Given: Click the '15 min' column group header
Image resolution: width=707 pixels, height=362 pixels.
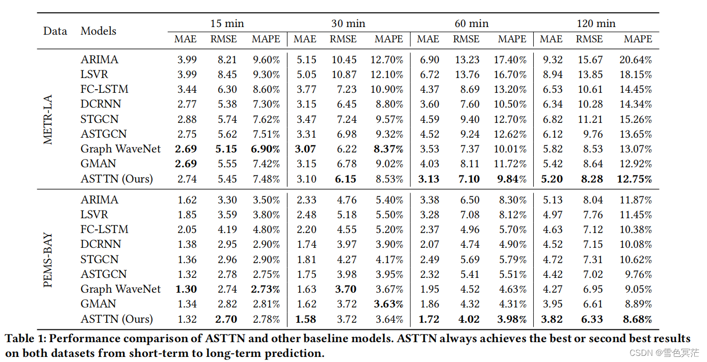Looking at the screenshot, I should [x=227, y=23].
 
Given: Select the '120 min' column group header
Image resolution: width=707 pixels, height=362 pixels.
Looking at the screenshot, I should [x=595, y=23].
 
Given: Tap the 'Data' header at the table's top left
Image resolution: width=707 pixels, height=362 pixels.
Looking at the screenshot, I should [x=55, y=31].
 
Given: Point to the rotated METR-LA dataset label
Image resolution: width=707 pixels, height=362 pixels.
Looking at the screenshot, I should [x=48, y=119].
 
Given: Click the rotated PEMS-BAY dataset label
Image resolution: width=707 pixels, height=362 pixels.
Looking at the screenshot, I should [x=48, y=260].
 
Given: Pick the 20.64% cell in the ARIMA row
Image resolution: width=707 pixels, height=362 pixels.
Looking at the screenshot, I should [x=635, y=60].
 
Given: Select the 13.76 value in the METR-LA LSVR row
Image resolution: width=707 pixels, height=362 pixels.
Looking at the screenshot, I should [x=467, y=74].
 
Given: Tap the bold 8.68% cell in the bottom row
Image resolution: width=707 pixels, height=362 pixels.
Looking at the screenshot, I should [x=637, y=319].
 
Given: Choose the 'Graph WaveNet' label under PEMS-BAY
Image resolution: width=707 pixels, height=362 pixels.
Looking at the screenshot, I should [x=120, y=289].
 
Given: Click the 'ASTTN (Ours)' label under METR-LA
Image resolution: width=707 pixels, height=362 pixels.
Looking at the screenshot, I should [x=117, y=179].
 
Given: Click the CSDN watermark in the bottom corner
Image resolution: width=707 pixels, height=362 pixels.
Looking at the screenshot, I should [x=664, y=353].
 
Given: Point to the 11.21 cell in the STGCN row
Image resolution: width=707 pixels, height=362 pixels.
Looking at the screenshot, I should [x=590, y=119].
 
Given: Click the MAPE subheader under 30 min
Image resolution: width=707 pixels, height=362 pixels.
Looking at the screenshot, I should [x=388, y=39].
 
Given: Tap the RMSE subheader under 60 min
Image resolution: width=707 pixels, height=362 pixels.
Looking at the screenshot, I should [x=466, y=39].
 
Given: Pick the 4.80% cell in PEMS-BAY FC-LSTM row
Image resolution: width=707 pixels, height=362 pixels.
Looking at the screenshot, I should [x=266, y=229].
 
